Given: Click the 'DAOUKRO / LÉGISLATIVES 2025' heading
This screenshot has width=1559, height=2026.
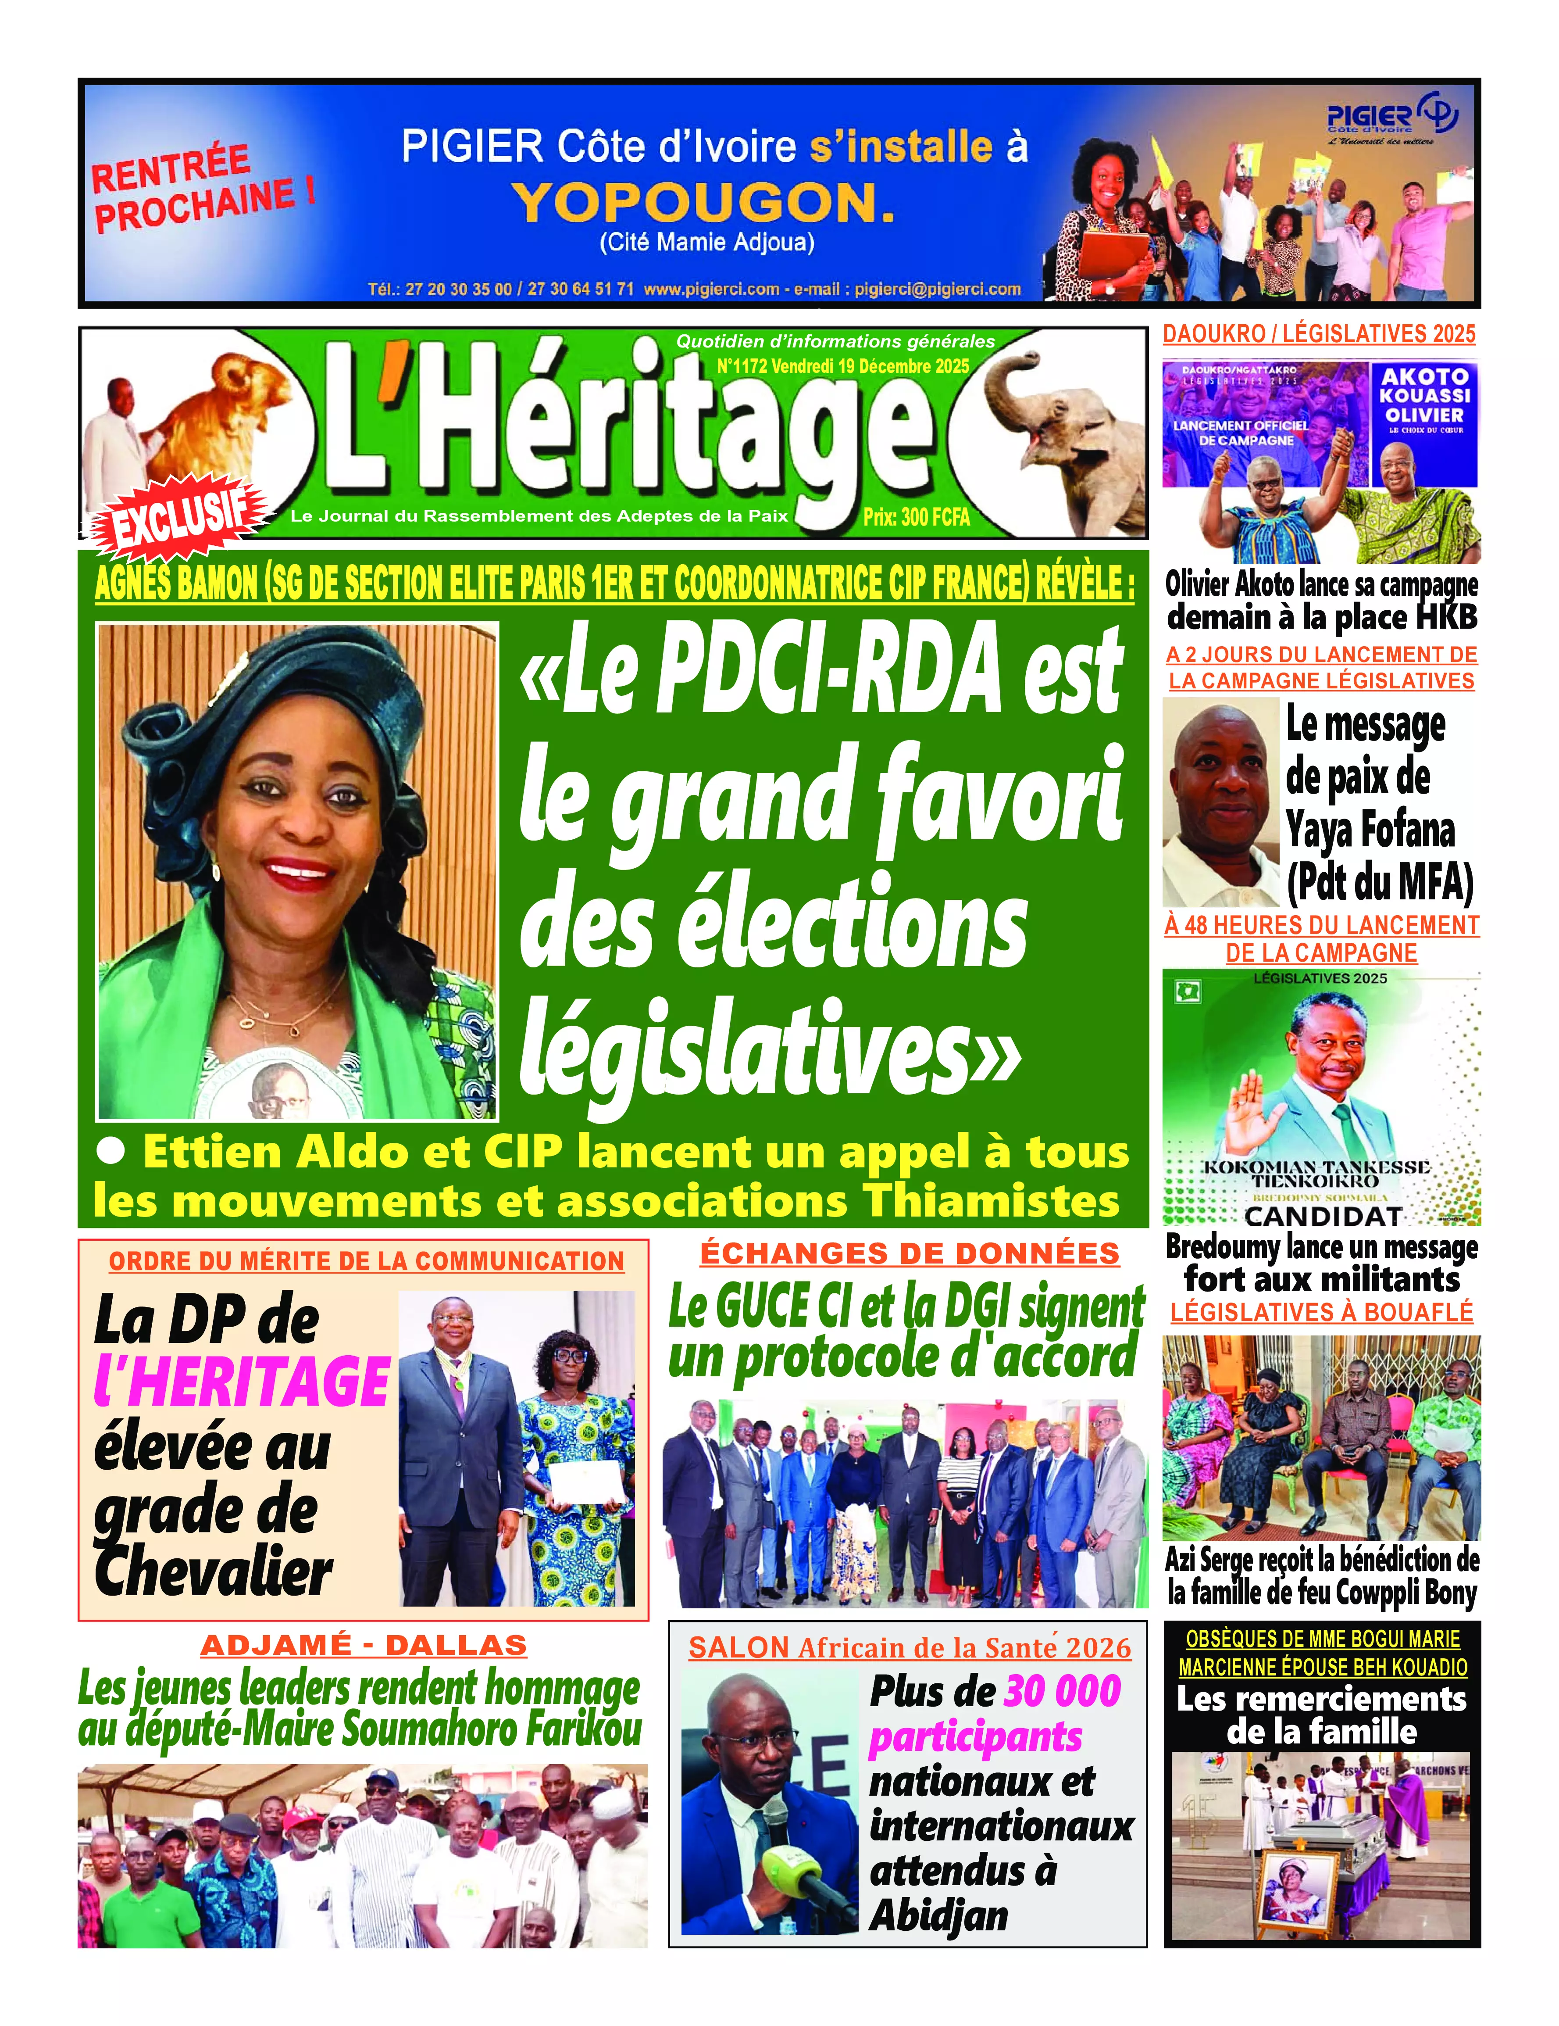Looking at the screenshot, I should coord(1319,334).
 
